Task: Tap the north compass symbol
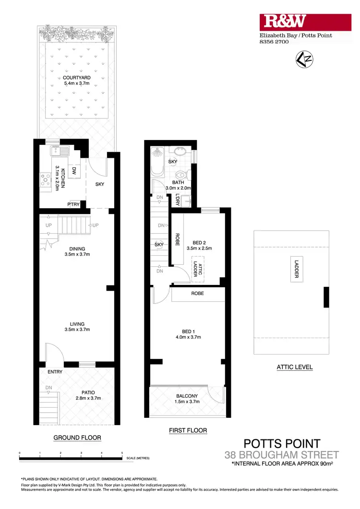pyautogui.click(x=301, y=59)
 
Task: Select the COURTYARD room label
pyautogui.click(x=77, y=77)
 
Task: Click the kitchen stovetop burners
pyautogui.click(x=46, y=180)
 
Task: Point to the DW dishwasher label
pyautogui.click(x=74, y=170)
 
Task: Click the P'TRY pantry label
pyautogui.click(x=74, y=204)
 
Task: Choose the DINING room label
pyautogui.click(x=77, y=249)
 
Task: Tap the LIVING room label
pyautogui.click(x=77, y=324)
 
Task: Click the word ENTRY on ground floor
pyautogui.click(x=55, y=372)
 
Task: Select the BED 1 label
pyautogui.click(x=188, y=331)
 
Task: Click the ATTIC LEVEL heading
pyautogui.click(x=295, y=367)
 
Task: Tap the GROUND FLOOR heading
pyautogui.click(x=77, y=438)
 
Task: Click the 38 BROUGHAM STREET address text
pyautogui.click(x=282, y=455)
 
